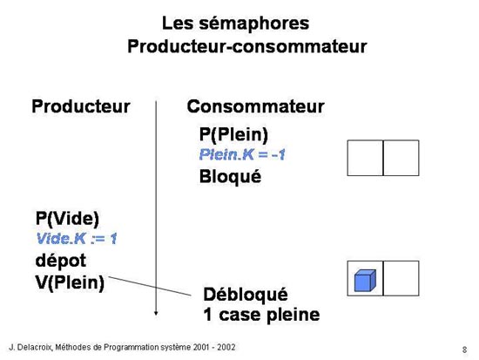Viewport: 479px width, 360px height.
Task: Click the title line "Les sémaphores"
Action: pyautogui.click(x=235, y=24)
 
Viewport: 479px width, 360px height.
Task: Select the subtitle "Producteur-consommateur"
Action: pyautogui.click(x=247, y=47)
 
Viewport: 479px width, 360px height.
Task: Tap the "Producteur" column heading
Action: pyautogui.click(x=81, y=106)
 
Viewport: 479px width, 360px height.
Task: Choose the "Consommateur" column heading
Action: pyautogui.click(x=255, y=106)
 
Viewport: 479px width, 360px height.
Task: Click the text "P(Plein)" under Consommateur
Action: pyautogui.click(x=233, y=134)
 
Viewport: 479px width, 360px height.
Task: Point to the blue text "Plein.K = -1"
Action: pyautogui.click(x=242, y=154)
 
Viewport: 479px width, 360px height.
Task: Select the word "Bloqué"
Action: pyautogui.click(x=230, y=177)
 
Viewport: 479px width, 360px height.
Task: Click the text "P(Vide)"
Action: pyautogui.click(x=67, y=219)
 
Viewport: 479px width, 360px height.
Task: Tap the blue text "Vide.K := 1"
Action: pyautogui.click(x=77, y=239)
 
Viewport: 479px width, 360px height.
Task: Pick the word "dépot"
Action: pyautogui.click(x=61, y=261)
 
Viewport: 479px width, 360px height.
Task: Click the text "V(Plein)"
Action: pyautogui.click(x=70, y=282)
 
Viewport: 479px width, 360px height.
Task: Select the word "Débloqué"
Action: pyautogui.click(x=246, y=295)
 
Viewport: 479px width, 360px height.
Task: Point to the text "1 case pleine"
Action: pyautogui.click(x=261, y=315)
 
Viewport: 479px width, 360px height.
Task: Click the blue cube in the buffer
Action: pyautogui.click(x=365, y=280)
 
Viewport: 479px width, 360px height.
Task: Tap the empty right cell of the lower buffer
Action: pyautogui.click(x=401, y=278)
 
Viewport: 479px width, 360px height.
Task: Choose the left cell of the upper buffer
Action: pyautogui.click(x=365, y=158)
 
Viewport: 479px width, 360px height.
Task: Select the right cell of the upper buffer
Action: pyautogui.click(x=401, y=158)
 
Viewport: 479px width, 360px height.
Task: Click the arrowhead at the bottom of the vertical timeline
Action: pyautogui.click(x=156, y=313)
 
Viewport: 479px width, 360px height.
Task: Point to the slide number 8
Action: pyautogui.click(x=465, y=350)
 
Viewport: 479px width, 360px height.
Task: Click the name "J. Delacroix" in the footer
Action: pyautogui.click(x=30, y=348)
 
